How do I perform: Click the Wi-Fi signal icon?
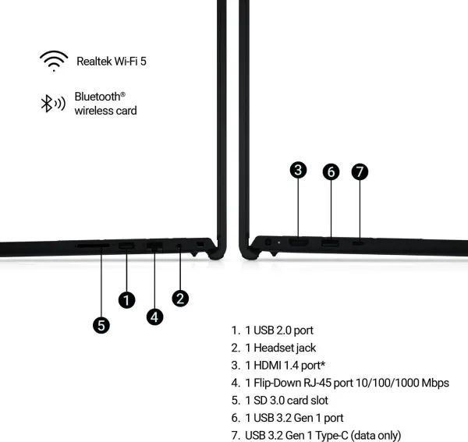point(54,61)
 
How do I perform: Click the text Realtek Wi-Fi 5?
point(112,61)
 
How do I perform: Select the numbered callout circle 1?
point(127,300)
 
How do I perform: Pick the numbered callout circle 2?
point(180,299)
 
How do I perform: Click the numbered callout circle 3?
point(298,170)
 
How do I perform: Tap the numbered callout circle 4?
point(154,316)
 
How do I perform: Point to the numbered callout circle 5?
point(101,325)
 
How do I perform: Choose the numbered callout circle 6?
point(331,171)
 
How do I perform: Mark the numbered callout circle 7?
point(360,171)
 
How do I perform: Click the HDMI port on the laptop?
point(299,242)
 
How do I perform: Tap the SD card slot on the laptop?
point(93,246)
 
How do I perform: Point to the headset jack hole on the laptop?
point(179,246)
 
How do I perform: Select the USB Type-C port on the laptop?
point(359,243)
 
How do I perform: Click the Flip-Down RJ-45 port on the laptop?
point(154,246)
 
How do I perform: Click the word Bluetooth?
point(97,97)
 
